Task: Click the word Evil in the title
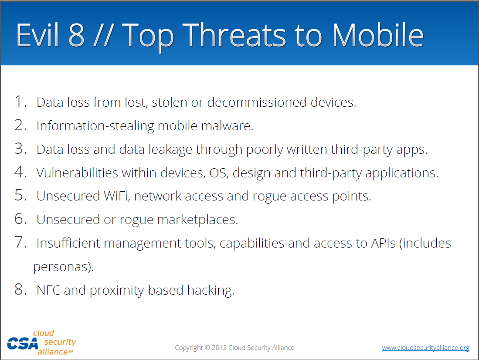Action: coord(37,35)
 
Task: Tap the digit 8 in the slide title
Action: coord(76,35)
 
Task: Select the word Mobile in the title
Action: coord(378,35)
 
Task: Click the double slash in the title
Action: coord(104,35)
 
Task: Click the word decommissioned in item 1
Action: coord(257,102)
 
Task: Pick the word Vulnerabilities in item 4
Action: coord(77,173)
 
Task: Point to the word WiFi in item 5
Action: coord(117,196)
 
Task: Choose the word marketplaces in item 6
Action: coord(197,220)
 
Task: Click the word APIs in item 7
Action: coord(383,243)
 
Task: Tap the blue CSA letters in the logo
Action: coord(23,344)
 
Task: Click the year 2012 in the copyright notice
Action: coord(219,348)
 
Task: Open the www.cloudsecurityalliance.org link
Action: coord(425,348)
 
